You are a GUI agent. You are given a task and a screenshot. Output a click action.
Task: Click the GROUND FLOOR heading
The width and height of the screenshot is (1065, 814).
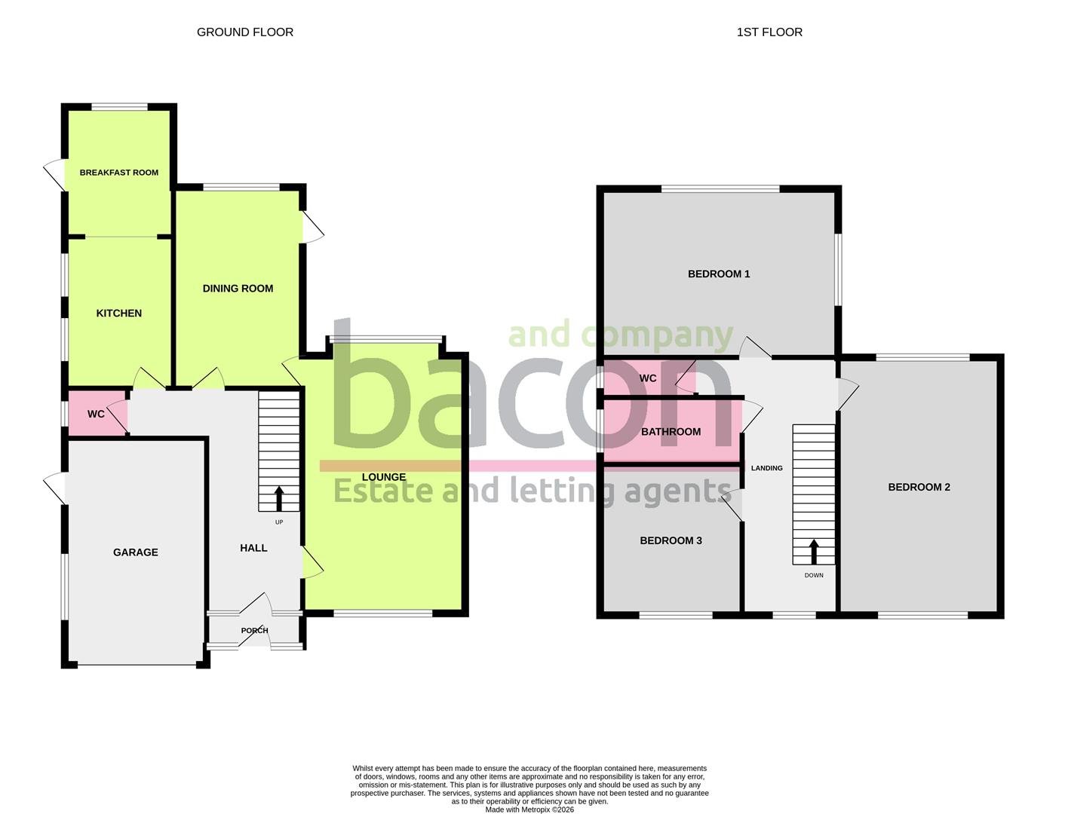tap(244, 32)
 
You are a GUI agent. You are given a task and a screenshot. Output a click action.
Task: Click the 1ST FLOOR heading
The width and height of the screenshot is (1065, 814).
tap(769, 32)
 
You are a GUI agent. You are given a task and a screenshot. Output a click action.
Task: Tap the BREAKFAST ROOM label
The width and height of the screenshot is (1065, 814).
tap(118, 173)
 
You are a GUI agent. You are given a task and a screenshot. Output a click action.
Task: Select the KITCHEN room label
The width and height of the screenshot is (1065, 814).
tap(118, 313)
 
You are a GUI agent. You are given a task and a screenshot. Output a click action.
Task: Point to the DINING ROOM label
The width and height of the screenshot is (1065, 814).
tap(238, 288)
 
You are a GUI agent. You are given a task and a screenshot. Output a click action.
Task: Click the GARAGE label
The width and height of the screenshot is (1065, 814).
tap(135, 552)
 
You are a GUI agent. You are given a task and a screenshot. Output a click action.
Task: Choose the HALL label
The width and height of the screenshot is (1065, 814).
tap(253, 548)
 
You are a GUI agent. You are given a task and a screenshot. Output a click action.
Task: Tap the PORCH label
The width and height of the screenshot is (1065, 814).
tap(254, 631)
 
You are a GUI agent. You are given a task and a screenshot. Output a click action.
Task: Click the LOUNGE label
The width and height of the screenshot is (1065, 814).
tap(383, 477)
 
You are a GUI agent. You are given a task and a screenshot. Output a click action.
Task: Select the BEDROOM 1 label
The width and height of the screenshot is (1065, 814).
tap(718, 274)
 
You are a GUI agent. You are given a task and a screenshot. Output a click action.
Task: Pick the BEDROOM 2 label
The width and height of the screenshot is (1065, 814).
tap(919, 487)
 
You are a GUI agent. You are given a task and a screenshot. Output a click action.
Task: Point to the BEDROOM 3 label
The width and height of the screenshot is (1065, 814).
tap(671, 540)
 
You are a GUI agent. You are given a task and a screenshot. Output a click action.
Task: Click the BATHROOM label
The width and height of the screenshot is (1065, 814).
tap(671, 432)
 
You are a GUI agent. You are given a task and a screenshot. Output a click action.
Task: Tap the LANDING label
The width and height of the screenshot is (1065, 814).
tap(766, 468)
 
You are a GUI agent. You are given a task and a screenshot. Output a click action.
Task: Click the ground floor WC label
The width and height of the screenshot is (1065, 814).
tap(96, 414)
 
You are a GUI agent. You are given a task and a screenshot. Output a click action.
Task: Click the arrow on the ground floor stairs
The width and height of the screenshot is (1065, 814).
tap(279, 499)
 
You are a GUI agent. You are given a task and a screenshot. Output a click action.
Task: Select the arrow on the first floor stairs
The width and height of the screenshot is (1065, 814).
tap(813, 551)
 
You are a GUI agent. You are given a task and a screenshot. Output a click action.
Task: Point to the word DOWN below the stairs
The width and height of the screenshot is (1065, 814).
tap(813, 575)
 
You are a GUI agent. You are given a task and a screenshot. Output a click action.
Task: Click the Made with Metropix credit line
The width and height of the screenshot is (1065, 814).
tap(529, 809)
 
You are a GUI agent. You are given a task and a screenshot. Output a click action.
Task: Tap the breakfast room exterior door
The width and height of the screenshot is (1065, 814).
tap(54, 176)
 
